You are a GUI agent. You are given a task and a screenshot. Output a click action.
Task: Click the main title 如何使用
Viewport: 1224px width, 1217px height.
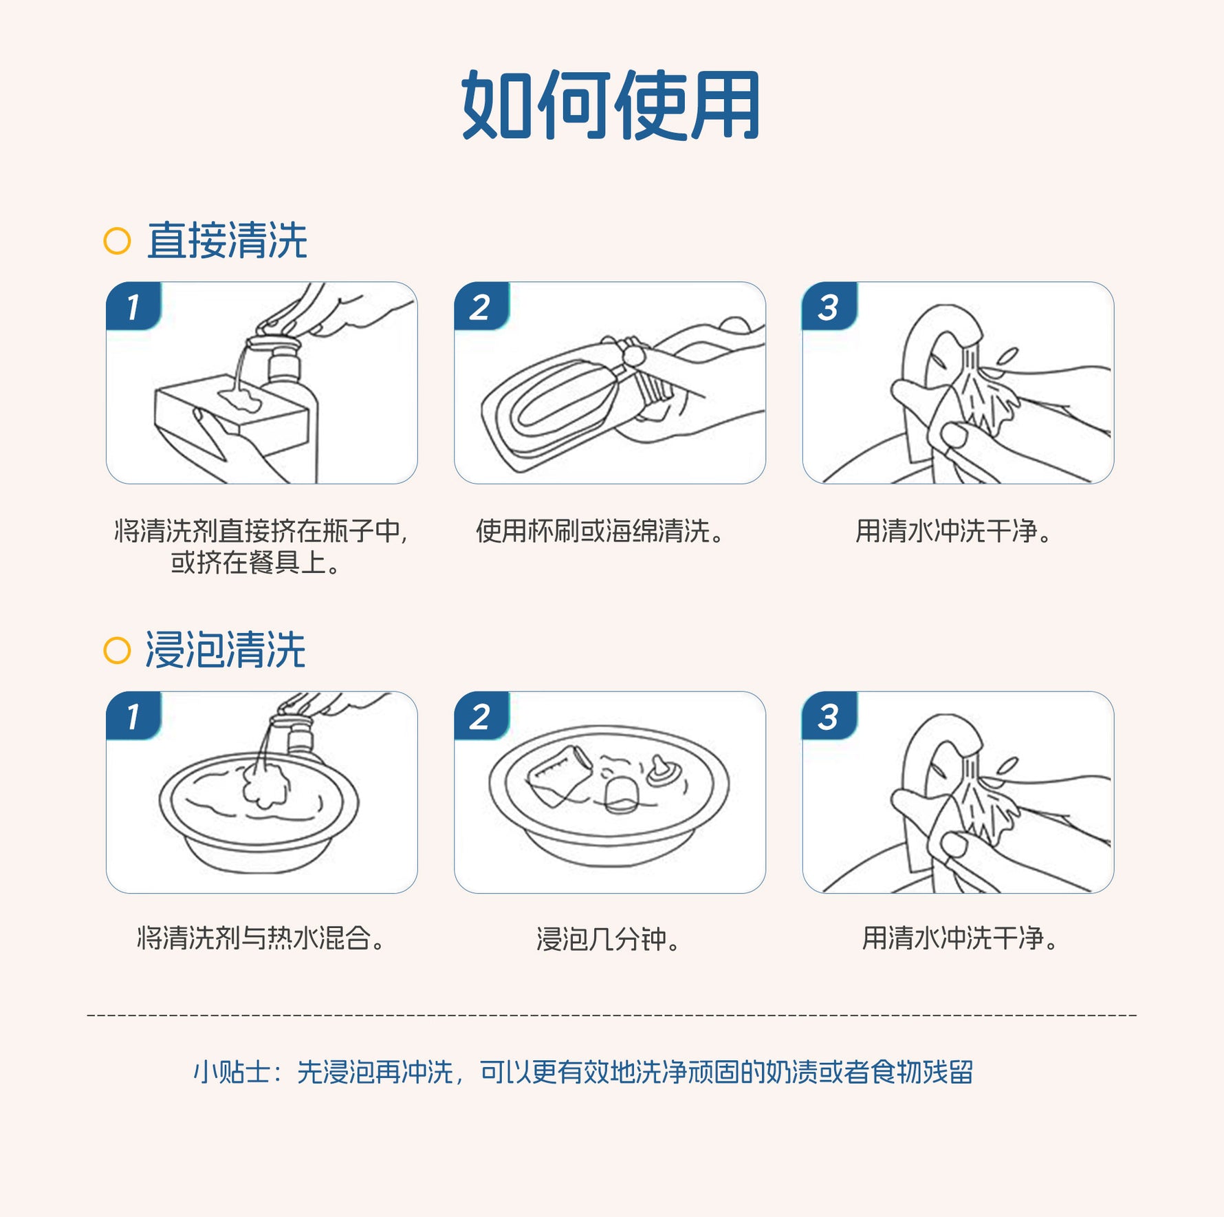pyautogui.click(x=611, y=105)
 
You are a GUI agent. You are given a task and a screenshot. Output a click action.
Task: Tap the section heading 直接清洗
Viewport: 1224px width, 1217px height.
pyautogui.click(x=227, y=241)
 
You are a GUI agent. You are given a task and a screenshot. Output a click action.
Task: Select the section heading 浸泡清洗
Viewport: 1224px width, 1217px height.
pyautogui.click(x=225, y=650)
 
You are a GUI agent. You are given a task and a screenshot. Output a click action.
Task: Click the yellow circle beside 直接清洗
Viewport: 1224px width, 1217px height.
pyautogui.click(x=117, y=241)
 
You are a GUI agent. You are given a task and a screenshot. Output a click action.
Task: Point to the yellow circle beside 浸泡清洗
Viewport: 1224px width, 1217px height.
pyautogui.click(x=117, y=650)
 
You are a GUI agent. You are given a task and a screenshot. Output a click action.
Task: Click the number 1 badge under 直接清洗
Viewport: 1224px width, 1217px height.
pyautogui.click(x=134, y=306)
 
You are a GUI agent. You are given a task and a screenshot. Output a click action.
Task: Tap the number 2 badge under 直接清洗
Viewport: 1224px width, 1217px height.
pyautogui.click(x=481, y=306)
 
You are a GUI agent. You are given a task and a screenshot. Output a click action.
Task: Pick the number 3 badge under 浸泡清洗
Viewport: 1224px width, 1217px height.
pyautogui.click(x=829, y=716)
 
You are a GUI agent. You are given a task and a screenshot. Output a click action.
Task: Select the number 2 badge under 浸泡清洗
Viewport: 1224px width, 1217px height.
pyautogui.click(x=481, y=716)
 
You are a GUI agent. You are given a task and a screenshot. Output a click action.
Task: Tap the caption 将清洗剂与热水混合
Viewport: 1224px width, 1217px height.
pyautogui.click(x=261, y=938)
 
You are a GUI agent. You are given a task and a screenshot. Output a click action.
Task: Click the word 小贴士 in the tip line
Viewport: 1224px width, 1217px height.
pyautogui.click(x=232, y=1072)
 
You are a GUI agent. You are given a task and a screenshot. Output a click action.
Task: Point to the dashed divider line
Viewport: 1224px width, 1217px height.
pyautogui.click(x=612, y=1015)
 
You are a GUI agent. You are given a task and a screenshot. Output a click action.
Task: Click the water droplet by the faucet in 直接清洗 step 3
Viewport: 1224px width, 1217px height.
pyautogui.click(x=1007, y=356)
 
